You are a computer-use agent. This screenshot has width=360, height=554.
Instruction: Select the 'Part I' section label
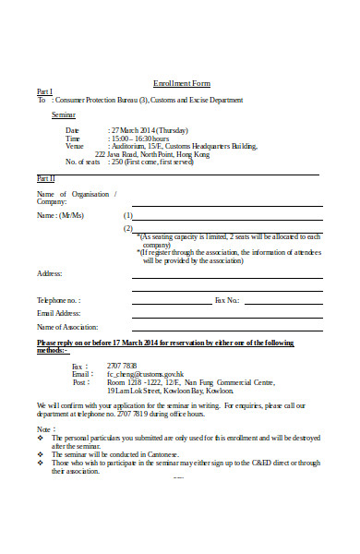click(44, 91)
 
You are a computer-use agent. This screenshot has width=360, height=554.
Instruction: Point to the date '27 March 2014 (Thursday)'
click(148, 130)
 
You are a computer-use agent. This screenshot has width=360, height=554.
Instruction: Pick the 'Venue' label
click(74, 146)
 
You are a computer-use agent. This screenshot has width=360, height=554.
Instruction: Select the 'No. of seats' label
click(84, 162)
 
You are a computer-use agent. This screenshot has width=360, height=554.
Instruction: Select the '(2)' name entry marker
click(127, 229)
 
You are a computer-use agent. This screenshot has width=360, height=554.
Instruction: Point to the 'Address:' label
click(50, 273)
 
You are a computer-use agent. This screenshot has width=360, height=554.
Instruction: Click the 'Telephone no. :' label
click(58, 300)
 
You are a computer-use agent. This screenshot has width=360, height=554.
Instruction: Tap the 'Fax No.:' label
click(227, 300)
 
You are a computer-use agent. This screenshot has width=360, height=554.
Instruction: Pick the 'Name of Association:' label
click(66, 327)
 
